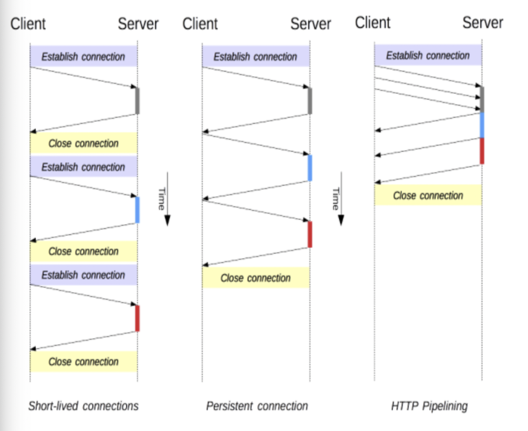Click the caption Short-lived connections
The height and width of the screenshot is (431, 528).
tap(83, 406)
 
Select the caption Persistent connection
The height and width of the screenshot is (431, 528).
tap(257, 406)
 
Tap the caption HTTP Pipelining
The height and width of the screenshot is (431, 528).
tap(429, 406)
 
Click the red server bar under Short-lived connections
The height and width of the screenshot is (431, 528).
tap(137, 318)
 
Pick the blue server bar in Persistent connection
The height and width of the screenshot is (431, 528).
tap(310, 168)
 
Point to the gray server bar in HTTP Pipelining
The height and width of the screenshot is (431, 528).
tap(482, 100)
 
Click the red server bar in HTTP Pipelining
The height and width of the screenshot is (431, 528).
tap(482, 151)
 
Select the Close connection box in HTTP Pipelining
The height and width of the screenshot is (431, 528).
tap(428, 195)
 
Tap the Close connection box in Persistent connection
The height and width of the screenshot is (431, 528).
tap(256, 277)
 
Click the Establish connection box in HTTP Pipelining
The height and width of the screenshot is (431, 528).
tap(428, 55)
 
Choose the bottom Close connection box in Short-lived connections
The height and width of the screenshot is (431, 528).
tap(83, 361)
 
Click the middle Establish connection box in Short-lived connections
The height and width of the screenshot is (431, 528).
tap(83, 166)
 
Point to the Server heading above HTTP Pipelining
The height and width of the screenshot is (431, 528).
tap(483, 23)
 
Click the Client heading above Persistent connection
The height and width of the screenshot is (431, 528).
tap(200, 24)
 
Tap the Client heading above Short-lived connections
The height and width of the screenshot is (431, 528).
tap(28, 24)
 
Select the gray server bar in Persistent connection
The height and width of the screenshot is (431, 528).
tap(310, 101)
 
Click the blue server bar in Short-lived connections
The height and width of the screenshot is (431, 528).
tap(137, 210)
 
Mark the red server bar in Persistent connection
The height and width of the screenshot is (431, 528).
tap(310, 234)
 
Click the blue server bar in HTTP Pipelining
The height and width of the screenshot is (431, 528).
tap(482, 125)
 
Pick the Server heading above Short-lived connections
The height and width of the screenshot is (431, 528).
tap(138, 24)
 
